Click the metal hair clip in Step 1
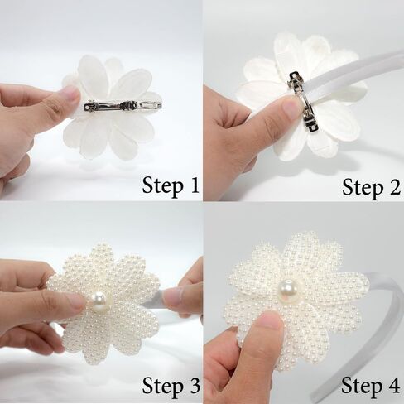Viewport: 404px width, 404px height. click(x=123, y=105)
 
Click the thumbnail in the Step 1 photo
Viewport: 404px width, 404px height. click(x=71, y=95)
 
